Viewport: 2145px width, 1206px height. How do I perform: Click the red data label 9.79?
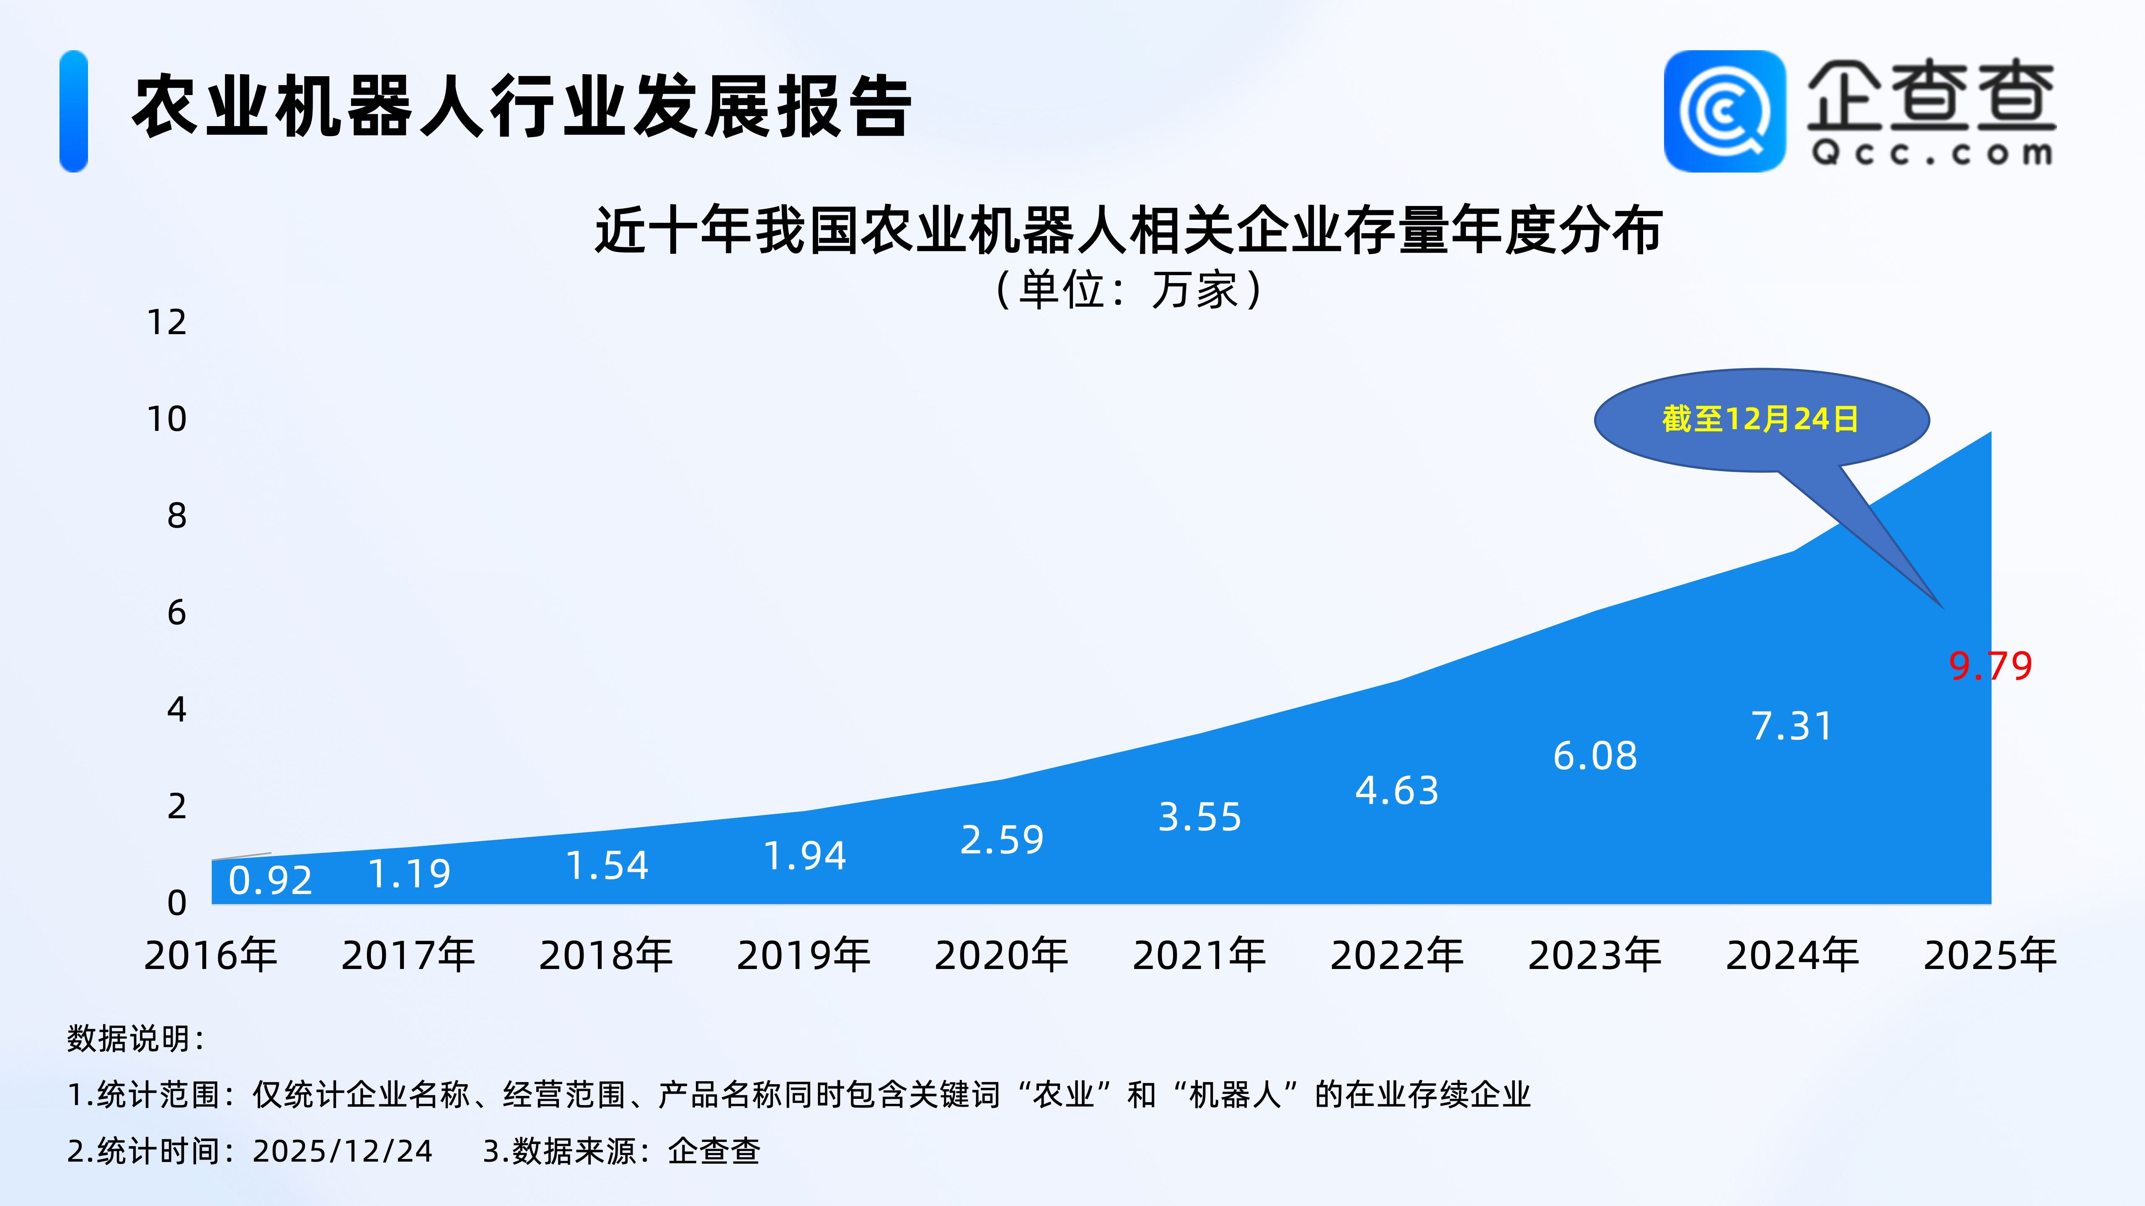1990,666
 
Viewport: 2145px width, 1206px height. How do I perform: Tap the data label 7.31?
1792,726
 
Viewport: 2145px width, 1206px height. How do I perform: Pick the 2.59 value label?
1002,840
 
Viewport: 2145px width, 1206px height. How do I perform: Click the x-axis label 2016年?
211,955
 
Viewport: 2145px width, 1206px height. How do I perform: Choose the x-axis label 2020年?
1001,955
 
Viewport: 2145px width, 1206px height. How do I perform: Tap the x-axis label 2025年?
1990,955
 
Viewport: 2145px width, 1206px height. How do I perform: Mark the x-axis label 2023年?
1595,955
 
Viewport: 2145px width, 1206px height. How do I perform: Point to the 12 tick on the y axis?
167,322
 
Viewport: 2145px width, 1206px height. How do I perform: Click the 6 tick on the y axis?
176,613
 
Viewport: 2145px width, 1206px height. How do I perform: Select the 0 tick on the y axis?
176,903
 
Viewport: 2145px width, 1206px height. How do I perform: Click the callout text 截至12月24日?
1760,419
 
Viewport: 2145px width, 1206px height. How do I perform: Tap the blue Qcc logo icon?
1724,111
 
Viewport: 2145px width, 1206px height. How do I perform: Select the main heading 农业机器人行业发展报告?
522,106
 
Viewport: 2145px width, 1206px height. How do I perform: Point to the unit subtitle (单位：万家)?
1129,290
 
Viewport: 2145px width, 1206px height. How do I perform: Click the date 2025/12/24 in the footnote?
342,1151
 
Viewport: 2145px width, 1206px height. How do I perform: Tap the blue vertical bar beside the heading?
73,111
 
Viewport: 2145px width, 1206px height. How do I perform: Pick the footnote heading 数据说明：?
136,1038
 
